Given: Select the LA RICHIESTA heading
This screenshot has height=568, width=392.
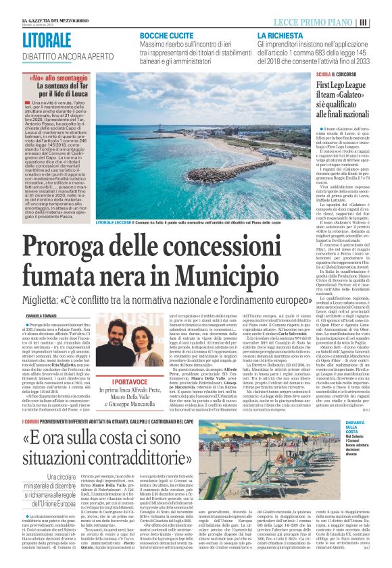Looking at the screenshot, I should click(277, 34).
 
